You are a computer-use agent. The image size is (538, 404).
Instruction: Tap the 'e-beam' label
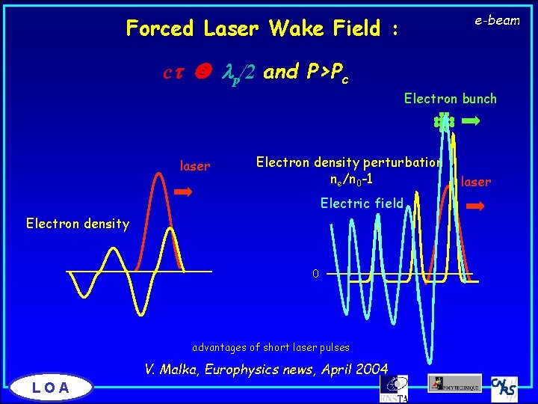(497, 20)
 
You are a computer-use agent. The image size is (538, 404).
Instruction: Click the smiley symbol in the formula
(201, 72)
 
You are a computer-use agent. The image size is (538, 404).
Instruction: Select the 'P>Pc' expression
(328, 72)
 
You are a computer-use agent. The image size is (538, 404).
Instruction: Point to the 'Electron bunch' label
(450, 98)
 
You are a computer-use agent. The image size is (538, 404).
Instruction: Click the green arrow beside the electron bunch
(471, 120)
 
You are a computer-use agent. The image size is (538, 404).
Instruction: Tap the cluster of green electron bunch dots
(445, 121)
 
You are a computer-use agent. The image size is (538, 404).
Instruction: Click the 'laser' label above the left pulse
(195, 166)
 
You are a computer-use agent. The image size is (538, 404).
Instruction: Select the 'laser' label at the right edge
(476, 181)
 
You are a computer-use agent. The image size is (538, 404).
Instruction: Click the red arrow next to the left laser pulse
(183, 192)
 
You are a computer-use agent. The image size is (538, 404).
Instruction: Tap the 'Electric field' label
(362, 203)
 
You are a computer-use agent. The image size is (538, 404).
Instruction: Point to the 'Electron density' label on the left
(77, 223)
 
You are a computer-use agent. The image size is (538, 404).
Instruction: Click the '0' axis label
(315, 274)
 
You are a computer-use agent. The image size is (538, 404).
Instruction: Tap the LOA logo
(51, 387)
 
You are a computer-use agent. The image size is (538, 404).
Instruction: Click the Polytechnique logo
(454, 383)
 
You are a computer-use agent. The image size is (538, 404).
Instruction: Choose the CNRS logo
(505, 387)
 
